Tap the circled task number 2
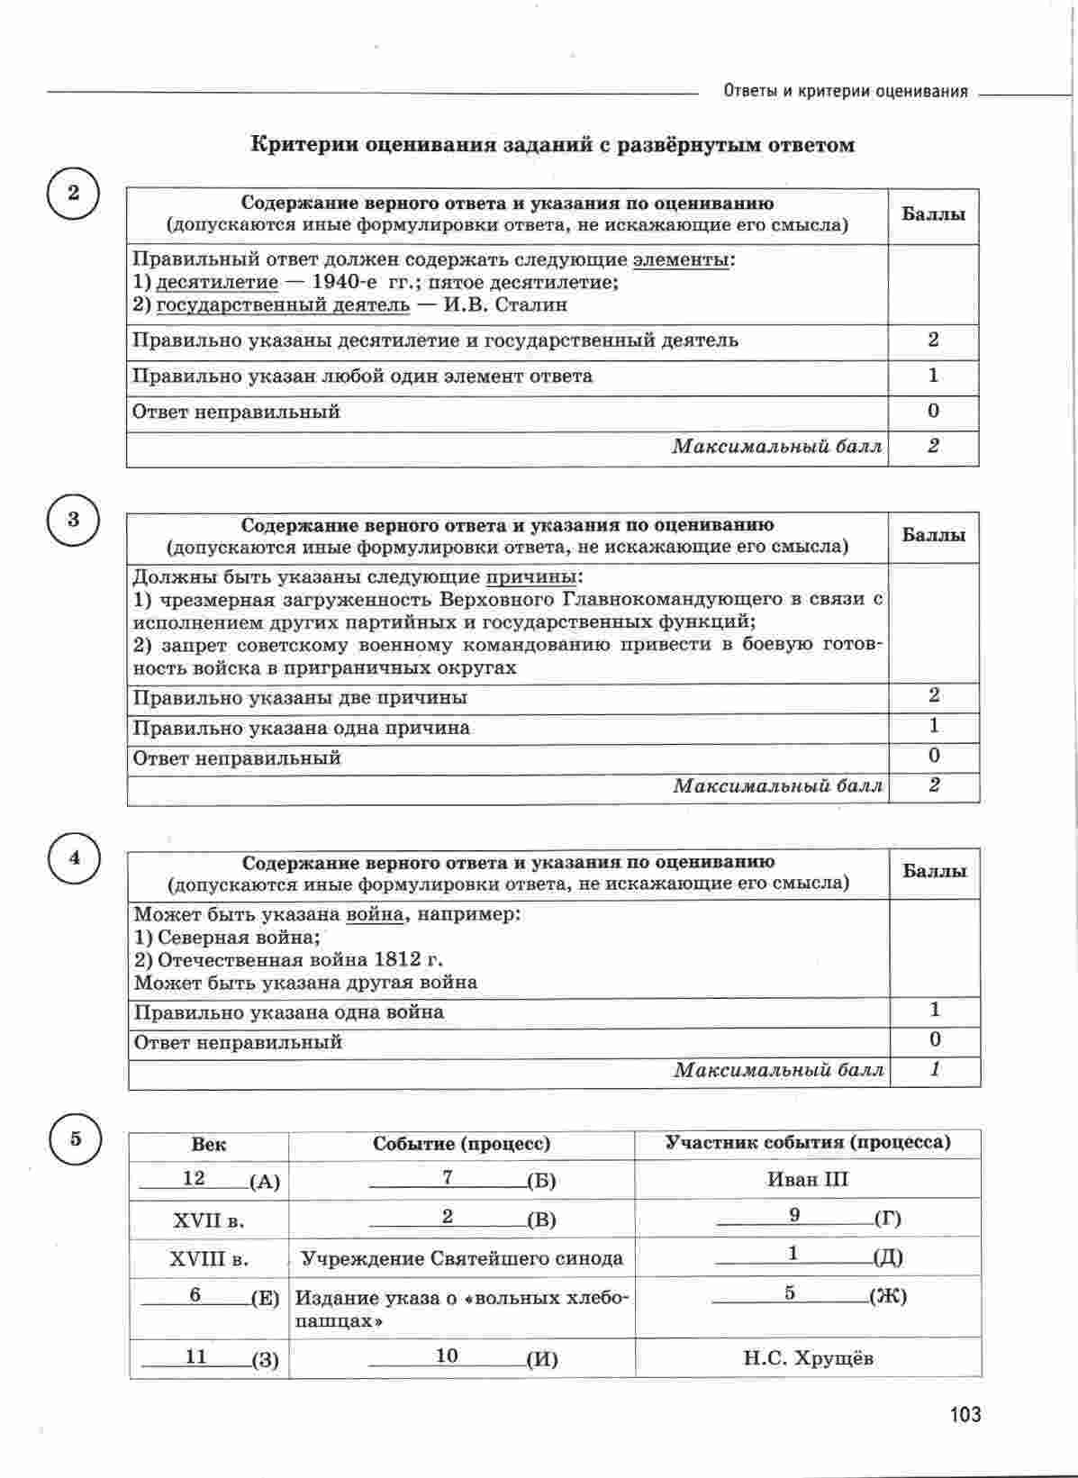[x=73, y=193]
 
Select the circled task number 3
[x=73, y=520]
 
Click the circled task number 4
[x=74, y=857]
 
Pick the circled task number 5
[x=76, y=1138]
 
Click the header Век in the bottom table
[x=209, y=1145]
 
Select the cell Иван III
[x=808, y=1179]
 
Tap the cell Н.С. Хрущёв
[x=808, y=1358]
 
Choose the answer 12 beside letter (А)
[x=194, y=1178]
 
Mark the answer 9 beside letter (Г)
[x=794, y=1215]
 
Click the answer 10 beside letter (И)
[x=447, y=1356]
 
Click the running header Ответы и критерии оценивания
[x=846, y=91]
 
